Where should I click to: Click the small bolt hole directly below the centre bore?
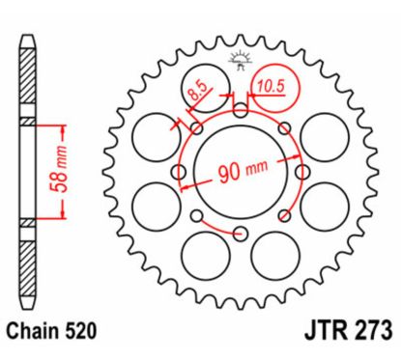[x=237, y=233]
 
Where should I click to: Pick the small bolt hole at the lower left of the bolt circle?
[x=194, y=215]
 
